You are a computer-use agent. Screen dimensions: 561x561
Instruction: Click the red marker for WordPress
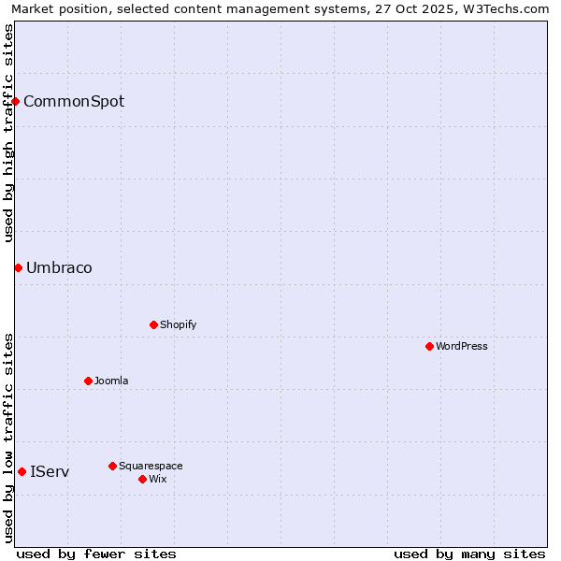[429, 346]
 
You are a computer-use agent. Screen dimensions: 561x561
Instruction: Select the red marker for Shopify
[153, 324]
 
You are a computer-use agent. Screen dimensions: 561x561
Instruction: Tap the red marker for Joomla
[88, 381]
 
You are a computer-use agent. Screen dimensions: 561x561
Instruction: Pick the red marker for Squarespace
[112, 466]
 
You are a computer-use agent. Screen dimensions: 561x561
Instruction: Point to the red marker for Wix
[142, 479]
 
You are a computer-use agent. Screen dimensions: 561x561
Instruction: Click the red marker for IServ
[22, 471]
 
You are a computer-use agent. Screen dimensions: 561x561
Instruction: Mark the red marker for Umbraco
[18, 267]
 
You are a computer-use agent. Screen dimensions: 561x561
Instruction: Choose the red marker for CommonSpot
[16, 101]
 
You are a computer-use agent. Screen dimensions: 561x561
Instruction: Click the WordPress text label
[462, 346]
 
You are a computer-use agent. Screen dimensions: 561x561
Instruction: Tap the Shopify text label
[178, 324]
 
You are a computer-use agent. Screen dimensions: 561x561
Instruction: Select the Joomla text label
[111, 381]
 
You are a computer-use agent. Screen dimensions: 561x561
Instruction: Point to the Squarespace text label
[151, 466]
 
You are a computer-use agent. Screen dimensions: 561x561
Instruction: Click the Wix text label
[157, 479]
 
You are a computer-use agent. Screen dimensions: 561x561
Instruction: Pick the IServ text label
[50, 471]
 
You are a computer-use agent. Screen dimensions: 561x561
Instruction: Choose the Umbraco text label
[59, 267]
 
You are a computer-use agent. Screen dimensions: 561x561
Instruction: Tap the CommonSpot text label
[74, 101]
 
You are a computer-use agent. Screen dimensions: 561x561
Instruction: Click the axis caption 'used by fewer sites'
[96, 554]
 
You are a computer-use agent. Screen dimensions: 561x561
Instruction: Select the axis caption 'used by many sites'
[469, 554]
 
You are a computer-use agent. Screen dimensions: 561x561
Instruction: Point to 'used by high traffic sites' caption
[8, 133]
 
